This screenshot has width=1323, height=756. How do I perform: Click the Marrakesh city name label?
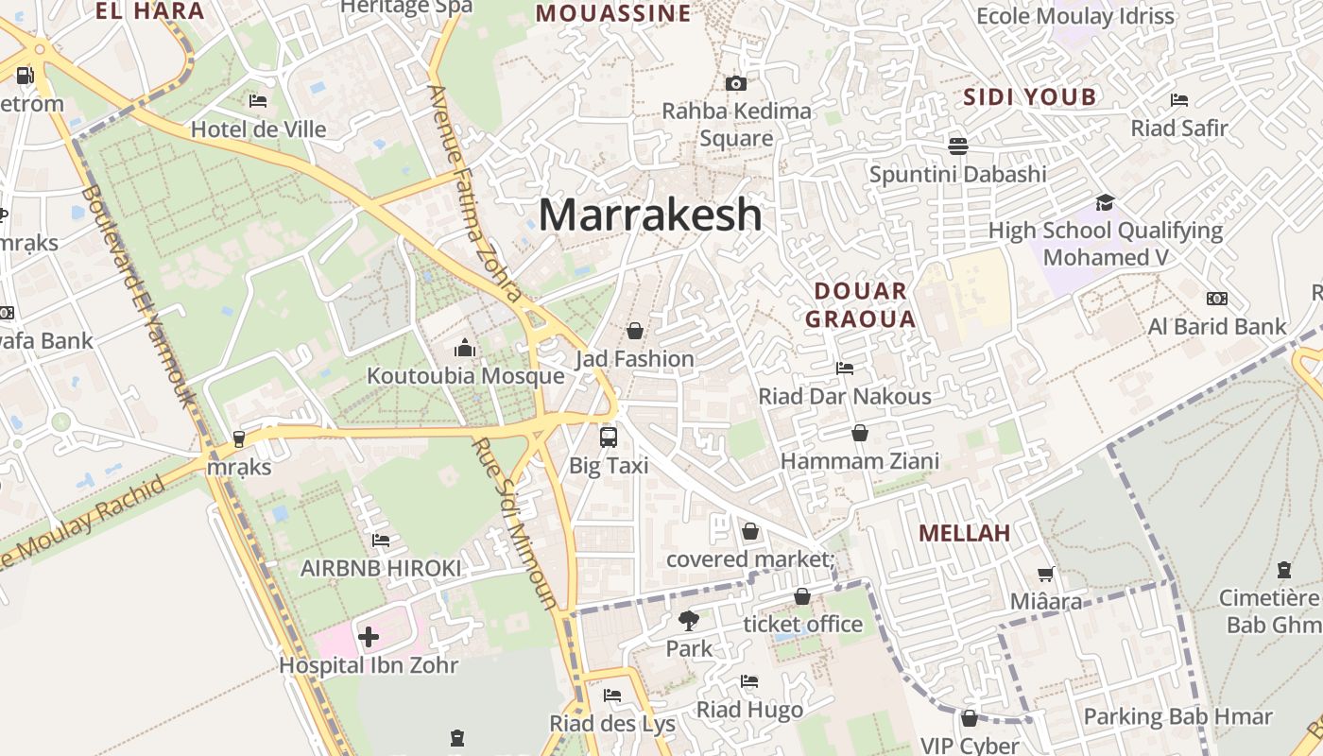pyautogui.click(x=650, y=215)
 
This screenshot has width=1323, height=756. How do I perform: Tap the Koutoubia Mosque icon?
pyautogui.click(x=464, y=349)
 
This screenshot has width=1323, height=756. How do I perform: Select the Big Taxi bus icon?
pyautogui.click(x=609, y=438)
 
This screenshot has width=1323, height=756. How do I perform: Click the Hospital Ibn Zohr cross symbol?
pyautogui.click(x=369, y=637)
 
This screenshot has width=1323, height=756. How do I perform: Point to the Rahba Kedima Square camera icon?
pyautogui.click(x=736, y=83)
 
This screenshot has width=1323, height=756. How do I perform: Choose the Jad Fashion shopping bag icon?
pyautogui.click(x=635, y=331)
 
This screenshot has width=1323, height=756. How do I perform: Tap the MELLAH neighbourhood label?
pyautogui.click(x=964, y=533)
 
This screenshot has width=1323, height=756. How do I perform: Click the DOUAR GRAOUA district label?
pyautogui.click(x=860, y=304)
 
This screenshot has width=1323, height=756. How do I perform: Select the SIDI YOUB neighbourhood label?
pyautogui.click(x=1029, y=96)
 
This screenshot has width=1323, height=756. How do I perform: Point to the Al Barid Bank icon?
pyautogui.click(x=1216, y=299)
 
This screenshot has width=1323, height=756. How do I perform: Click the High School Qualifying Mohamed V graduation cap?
pyautogui.click(x=1105, y=202)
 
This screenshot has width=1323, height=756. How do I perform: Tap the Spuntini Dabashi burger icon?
pyautogui.click(x=957, y=146)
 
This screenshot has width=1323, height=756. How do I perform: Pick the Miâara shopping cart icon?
pyautogui.click(x=1046, y=574)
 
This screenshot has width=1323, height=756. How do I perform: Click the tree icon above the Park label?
pyautogui.click(x=689, y=621)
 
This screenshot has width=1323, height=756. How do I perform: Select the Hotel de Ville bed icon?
pyautogui.click(x=258, y=100)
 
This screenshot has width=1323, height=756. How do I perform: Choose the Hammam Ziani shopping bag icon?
pyautogui.click(x=860, y=433)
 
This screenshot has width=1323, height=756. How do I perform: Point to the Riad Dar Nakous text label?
pyautogui.click(x=845, y=396)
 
